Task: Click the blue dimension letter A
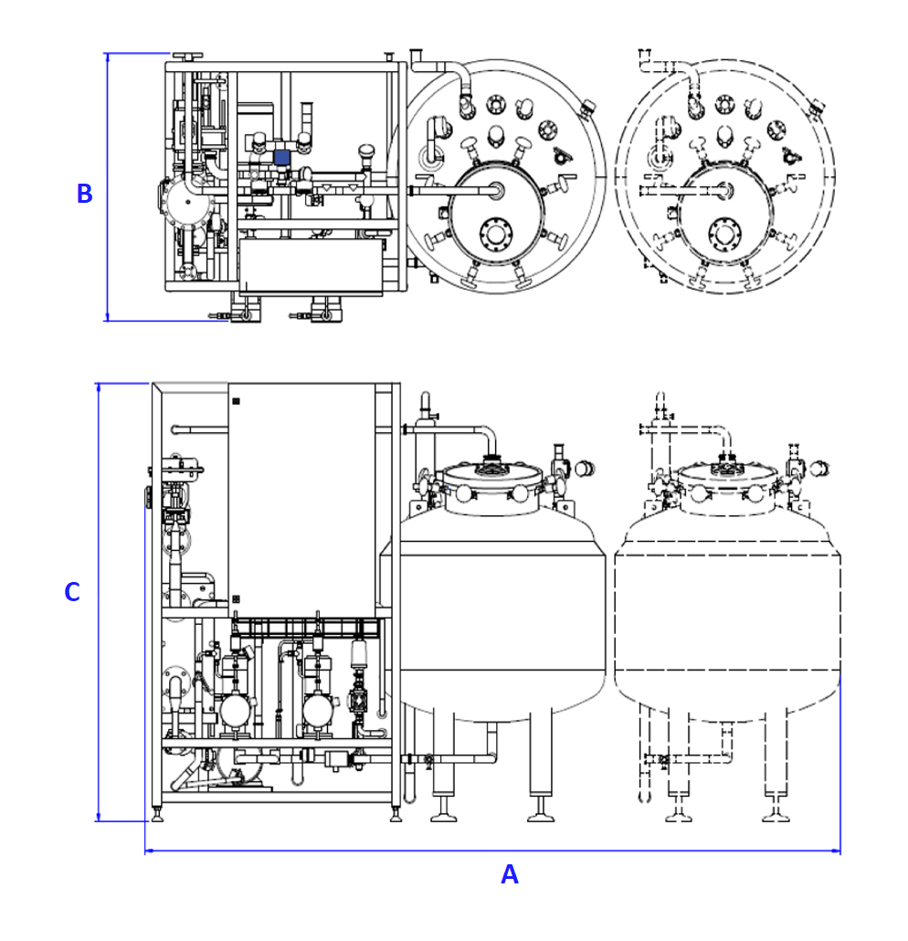coord(510,874)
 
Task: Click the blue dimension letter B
coord(84,194)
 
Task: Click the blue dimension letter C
coord(72,592)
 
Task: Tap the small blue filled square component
coord(281,158)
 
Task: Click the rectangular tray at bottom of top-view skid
coord(311,266)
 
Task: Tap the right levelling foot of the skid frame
coord(396,813)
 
